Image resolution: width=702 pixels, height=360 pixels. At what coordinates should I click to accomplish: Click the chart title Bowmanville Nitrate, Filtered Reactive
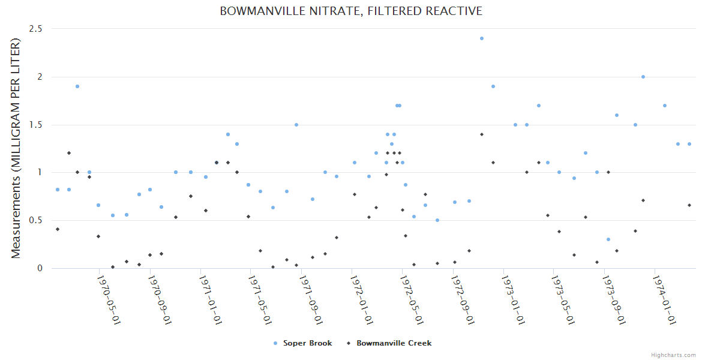(351, 11)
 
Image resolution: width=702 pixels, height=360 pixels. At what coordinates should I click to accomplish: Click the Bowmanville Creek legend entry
(394, 343)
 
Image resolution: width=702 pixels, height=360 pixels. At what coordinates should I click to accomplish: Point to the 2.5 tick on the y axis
(40, 29)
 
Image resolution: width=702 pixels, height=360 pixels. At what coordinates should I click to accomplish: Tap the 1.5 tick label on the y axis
(40, 125)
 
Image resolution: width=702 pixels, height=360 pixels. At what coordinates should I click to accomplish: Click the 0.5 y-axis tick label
(40, 220)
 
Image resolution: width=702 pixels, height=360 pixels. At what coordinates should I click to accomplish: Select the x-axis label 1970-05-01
(109, 299)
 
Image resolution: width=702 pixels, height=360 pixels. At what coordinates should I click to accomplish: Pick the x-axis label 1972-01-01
(362, 299)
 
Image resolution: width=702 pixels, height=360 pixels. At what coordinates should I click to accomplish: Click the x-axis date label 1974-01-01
(665, 299)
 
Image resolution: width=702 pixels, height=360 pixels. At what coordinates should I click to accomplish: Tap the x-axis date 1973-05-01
(564, 299)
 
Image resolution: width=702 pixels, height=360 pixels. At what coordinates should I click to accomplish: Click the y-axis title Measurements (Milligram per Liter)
(16, 148)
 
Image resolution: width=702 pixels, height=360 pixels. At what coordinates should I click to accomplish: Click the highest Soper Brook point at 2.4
(481, 38)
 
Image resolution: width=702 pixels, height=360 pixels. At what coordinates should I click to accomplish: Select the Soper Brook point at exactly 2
(643, 77)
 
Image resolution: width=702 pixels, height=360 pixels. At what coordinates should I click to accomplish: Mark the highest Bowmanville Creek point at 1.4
(481, 134)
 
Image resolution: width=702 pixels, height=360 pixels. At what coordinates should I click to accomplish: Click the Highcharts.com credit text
(673, 355)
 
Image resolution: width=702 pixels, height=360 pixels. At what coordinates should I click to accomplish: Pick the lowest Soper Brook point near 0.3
(608, 239)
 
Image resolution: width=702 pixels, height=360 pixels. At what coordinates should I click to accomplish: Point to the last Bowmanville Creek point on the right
(689, 205)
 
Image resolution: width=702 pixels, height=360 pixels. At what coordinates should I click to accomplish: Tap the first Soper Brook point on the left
(58, 190)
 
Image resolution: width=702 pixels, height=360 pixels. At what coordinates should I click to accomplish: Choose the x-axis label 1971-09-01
(311, 299)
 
